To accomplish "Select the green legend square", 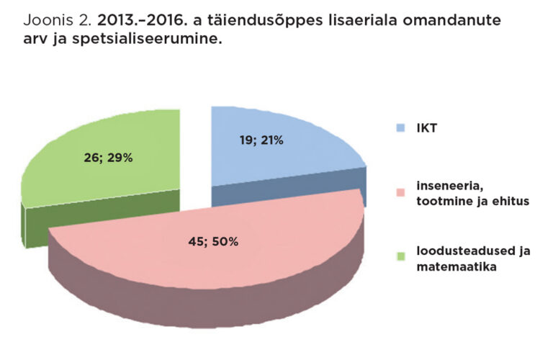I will [x=401, y=256].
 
